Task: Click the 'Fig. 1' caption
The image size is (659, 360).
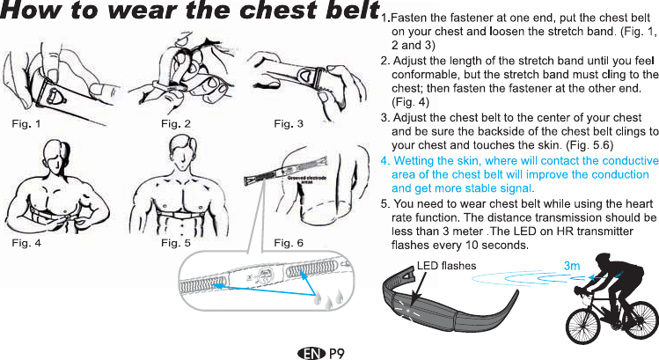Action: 26,122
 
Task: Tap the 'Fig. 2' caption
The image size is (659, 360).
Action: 175,122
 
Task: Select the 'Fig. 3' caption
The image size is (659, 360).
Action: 289,122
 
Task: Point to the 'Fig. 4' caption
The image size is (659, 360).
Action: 26,242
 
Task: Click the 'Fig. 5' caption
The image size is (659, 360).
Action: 175,242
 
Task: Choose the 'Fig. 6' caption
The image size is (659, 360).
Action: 289,242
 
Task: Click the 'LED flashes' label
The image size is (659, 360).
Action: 446,265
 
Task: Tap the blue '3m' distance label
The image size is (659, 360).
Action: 572,264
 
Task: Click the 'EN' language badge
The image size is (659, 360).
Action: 310,353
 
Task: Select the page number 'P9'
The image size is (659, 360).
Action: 335,353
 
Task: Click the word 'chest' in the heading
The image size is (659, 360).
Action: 261,14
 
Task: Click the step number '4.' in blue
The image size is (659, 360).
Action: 384,161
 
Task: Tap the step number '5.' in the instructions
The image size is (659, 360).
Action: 384,203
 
